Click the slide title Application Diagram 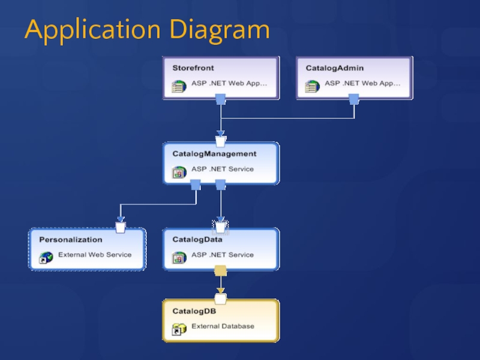pos(147,30)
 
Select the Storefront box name pos(193,68)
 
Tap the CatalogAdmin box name pos(335,68)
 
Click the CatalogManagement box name pos(214,154)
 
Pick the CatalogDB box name pos(194,311)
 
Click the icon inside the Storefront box pos(178,87)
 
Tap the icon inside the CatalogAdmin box pos(311,87)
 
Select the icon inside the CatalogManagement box pos(178,173)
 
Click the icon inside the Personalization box pos(45,258)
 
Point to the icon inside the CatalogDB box pos(178,329)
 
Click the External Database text pos(223,326)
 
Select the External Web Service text pos(95,255)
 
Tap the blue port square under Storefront pos(220,99)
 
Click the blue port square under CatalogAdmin pos(354,99)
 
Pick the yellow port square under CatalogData pos(220,271)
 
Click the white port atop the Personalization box pos(121,227)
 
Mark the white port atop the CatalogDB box pos(220,299)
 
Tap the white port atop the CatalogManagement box pos(220,142)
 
